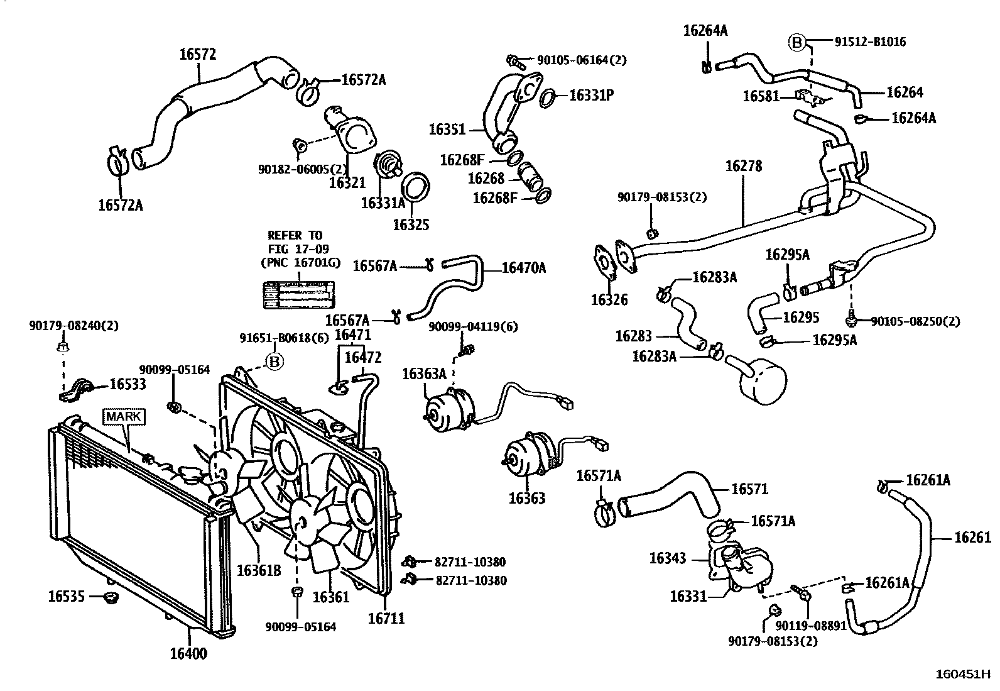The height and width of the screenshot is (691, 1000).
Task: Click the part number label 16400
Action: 188,653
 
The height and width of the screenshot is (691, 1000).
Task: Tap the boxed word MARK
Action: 124,416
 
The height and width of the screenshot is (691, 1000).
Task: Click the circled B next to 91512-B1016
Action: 796,42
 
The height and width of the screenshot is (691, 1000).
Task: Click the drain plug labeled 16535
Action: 111,596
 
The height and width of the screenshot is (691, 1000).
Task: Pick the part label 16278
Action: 744,166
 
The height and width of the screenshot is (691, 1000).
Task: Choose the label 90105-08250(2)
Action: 915,321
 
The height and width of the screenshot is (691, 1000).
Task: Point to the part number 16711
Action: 386,618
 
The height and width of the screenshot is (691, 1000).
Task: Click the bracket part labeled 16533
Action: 79,390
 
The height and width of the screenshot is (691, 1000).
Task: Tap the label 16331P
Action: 591,96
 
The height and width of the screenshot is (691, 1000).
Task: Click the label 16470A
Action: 524,268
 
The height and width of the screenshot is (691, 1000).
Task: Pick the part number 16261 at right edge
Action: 972,537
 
